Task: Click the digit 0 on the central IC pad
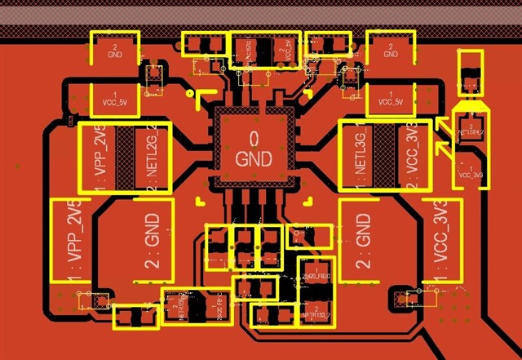pos(253,137)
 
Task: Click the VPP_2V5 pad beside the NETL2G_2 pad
pos(98,157)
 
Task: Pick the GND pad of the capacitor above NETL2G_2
pos(113,51)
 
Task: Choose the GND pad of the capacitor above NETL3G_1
pos(391,51)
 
